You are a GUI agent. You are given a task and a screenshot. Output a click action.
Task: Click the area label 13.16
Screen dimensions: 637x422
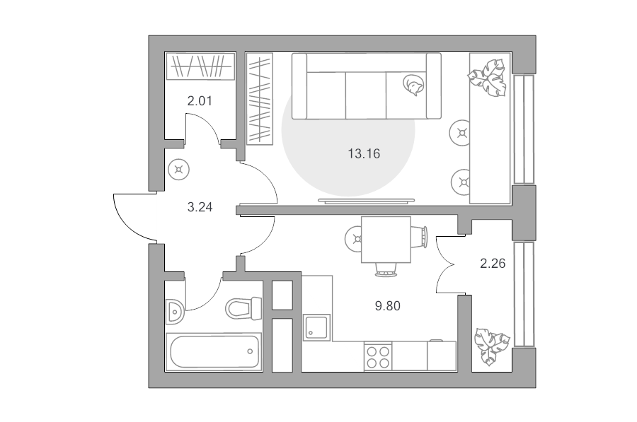pos(364,154)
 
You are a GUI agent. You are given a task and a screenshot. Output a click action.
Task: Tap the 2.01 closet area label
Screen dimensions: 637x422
pos(200,100)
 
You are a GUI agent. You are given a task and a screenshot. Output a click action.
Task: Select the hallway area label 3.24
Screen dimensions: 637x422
pos(200,207)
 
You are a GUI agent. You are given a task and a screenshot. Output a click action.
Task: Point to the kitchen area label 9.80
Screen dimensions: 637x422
pos(388,306)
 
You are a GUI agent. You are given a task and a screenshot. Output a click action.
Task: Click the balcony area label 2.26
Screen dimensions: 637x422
pos(493,264)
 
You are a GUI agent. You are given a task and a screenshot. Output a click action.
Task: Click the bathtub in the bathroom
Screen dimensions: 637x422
pos(213,351)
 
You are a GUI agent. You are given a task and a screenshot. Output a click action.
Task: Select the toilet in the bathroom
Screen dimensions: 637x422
pos(243,309)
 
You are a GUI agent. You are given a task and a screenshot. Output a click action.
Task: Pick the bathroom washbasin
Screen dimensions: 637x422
pos(175,312)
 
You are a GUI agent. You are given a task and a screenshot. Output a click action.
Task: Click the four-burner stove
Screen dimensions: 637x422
pos(378,356)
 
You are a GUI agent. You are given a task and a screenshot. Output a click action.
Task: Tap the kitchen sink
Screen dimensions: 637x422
pos(317,328)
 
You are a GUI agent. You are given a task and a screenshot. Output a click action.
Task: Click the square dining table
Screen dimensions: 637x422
pos(386,240)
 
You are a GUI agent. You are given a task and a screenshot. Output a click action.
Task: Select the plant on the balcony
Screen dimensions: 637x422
pos(492,346)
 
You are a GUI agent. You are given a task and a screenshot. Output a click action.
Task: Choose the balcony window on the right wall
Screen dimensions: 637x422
pos(524,295)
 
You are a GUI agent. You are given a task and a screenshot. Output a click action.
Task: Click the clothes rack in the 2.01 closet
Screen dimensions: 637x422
pos(200,66)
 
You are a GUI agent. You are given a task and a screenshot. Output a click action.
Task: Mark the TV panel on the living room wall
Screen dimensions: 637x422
pos(367,200)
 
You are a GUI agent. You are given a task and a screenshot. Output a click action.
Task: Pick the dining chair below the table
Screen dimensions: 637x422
pos(386,269)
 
